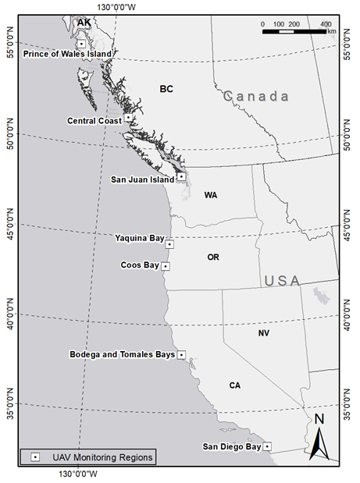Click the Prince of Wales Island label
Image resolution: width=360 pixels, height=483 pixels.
pos(67,53)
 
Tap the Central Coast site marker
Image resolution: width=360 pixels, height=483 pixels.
pos(128,118)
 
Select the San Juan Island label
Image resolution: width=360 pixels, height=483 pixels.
pos(142,179)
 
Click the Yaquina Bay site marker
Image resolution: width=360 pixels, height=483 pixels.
pos(169,244)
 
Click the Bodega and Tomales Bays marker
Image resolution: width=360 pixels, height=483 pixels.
pos(181,354)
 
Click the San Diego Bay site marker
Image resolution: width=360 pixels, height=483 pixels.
pos(267,446)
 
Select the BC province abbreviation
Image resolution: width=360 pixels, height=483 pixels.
pos(166,89)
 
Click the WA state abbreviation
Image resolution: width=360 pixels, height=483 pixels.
pos(211,195)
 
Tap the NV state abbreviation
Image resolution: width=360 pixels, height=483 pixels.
pos(264,333)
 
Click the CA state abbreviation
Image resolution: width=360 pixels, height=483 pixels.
pos(235,385)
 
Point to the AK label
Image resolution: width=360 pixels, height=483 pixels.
pos(84,23)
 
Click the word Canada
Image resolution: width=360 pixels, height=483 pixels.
pos(256,97)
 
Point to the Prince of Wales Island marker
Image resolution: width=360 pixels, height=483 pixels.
pos(81,44)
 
